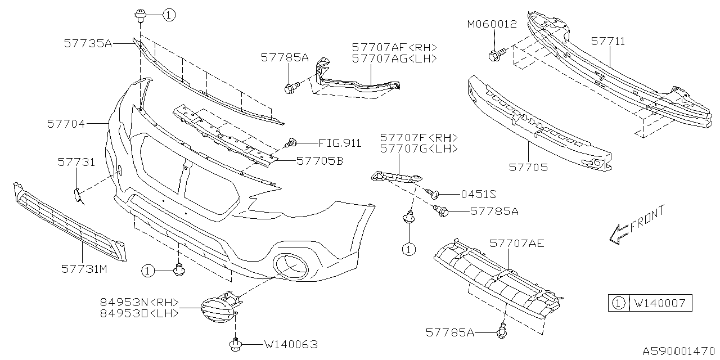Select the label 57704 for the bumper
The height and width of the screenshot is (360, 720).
tap(66, 123)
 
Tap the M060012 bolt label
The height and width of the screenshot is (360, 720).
tap(492, 24)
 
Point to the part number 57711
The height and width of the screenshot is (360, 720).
tap(607, 41)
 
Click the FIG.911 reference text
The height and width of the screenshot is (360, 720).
tap(340, 143)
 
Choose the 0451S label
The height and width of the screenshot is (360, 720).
tap(478, 194)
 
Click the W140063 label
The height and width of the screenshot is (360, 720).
tap(290, 344)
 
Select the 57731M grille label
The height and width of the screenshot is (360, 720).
tap(84, 269)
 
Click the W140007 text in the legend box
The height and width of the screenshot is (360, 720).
tap(660, 304)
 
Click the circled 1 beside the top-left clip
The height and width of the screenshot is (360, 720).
tap(169, 16)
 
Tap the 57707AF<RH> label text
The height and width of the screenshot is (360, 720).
tap(394, 47)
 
